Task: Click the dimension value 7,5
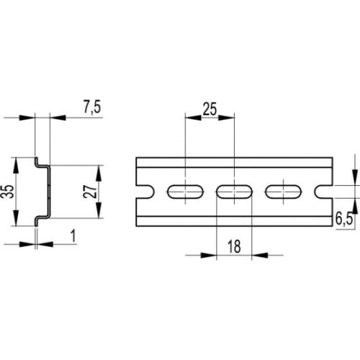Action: click(x=92, y=107)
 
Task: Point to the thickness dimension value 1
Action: click(x=73, y=235)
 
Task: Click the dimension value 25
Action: click(x=210, y=109)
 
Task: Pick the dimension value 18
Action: click(x=234, y=246)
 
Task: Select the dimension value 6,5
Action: click(x=344, y=219)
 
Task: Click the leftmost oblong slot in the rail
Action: click(x=185, y=192)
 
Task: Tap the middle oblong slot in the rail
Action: click(x=234, y=192)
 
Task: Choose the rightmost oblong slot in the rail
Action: click(x=284, y=192)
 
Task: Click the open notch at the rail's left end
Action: click(x=145, y=192)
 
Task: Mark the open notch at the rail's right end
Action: click(x=323, y=192)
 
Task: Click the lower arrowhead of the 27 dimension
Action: click(x=99, y=210)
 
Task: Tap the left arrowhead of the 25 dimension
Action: click(x=193, y=117)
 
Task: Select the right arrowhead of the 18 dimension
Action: click(x=260, y=255)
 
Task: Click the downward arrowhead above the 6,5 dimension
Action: click(x=355, y=178)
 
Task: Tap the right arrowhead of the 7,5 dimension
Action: click(x=58, y=117)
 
